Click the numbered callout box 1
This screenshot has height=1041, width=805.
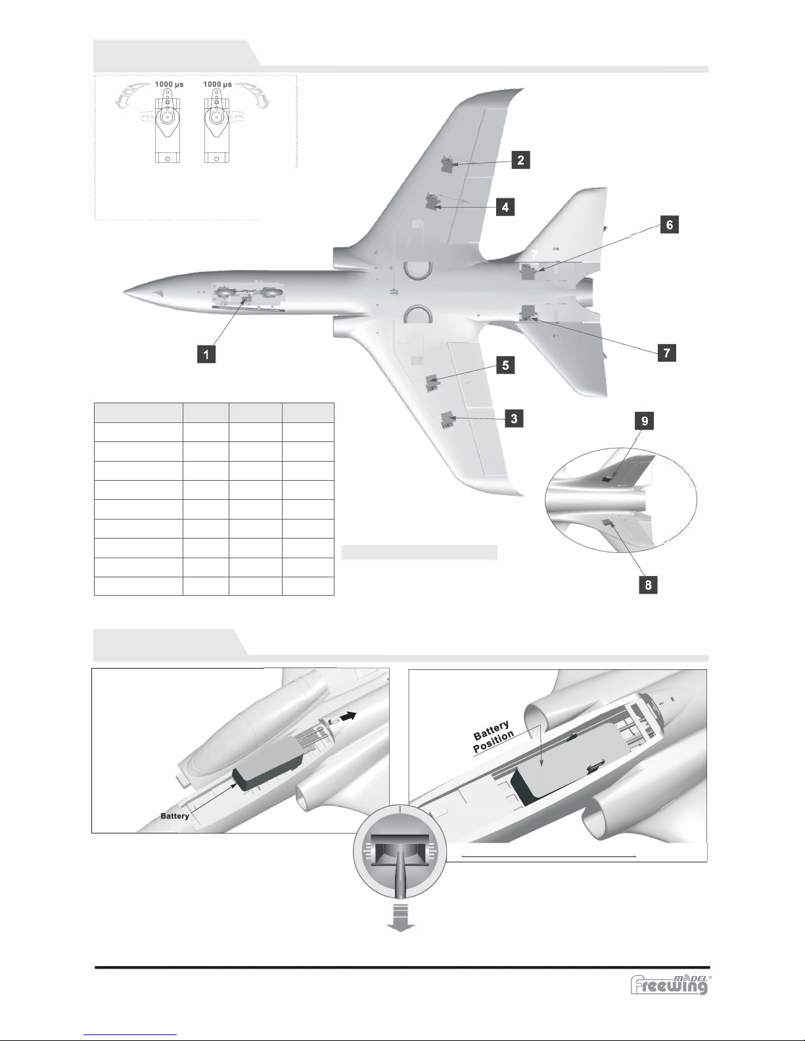click(206, 355)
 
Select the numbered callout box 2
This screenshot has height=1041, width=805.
click(520, 160)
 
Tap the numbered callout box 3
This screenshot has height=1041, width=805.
click(514, 418)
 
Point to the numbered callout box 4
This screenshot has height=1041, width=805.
click(505, 207)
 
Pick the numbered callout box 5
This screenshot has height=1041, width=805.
click(505, 365)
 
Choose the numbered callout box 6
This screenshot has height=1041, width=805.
click(670, 224)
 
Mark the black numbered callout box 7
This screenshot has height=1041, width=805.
click(666, 353)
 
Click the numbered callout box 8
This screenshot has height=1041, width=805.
click(648, 585)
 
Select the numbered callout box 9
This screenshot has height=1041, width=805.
click(645, 420)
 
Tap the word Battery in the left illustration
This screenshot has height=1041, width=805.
click(174, 816)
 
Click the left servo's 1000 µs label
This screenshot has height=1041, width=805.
click(169, 84)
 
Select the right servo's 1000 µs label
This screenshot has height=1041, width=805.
click(218, 84)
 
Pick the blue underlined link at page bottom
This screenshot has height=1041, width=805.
click(130, 1037)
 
